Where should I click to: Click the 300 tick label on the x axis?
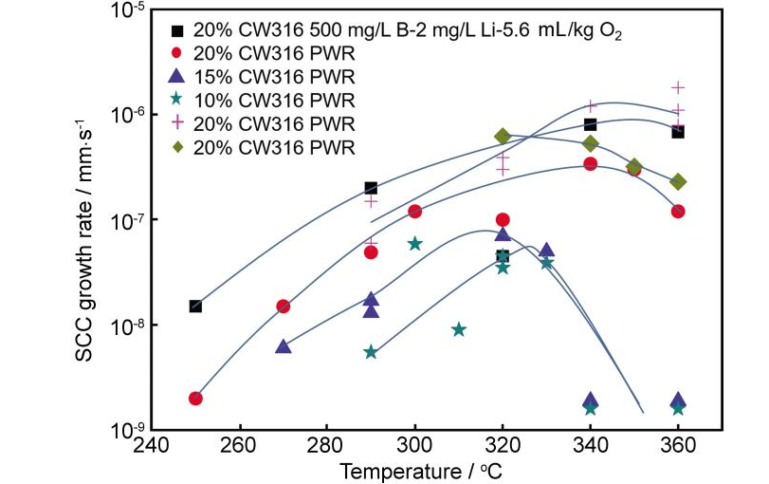coord(414,446)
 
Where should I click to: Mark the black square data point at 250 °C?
coord(195,306)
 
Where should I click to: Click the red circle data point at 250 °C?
coord(195,398)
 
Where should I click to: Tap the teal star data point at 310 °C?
coord(459,329)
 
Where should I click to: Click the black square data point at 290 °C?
coord(371,188)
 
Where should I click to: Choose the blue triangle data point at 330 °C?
coord(546,251)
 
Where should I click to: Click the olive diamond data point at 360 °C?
coord(678,181)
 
